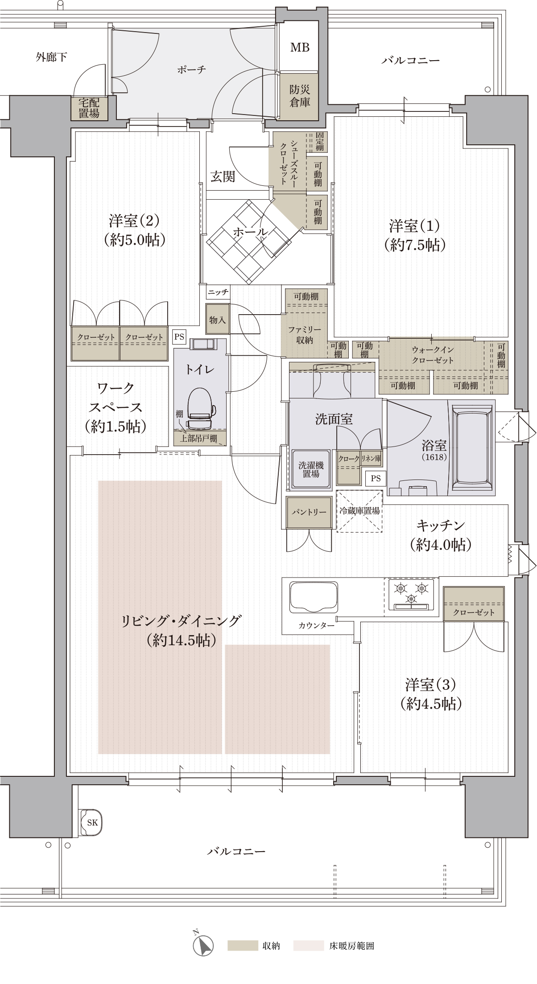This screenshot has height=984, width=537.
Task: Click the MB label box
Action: click(x=300, y=47)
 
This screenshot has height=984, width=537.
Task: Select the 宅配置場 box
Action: click(x=89, y=108)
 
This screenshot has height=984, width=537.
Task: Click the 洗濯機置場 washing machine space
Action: click(x=311, y=469)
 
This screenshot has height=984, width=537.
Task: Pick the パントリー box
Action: click(x=309, y=512)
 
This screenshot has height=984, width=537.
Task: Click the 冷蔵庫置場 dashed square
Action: click(x=359, y=511)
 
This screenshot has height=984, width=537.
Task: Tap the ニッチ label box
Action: click(x=218, y=292)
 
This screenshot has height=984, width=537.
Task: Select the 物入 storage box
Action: click(x=217, y=319)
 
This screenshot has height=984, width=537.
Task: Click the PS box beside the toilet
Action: click(x=179, y=337)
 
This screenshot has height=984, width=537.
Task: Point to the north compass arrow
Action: click(x=202, y=945)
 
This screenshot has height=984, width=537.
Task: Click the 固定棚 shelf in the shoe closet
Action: click(x=319, y=141)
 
